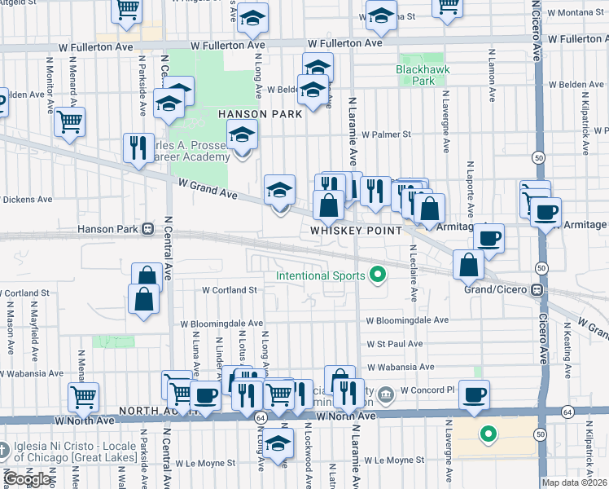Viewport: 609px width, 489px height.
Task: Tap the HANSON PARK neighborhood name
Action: click(x=260, y=114)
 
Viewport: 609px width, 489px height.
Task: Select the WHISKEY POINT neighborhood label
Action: click(x=356, y=231)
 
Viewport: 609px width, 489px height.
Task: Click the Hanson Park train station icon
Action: click(x=148, y=229)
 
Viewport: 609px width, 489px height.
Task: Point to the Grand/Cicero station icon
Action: click(x=537, y=289)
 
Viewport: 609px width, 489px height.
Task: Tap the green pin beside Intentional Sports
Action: click(x=376, y=275)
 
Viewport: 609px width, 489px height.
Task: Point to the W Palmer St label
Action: click(x=387, y=134)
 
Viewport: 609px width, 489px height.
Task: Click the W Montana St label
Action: click(x=575, y=14)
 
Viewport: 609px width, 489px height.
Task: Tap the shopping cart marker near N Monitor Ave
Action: click(x=70, y=122)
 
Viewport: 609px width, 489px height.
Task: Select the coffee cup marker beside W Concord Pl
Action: click(x=473, y=394)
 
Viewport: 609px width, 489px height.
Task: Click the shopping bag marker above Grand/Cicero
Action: click(x=469, y=264)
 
